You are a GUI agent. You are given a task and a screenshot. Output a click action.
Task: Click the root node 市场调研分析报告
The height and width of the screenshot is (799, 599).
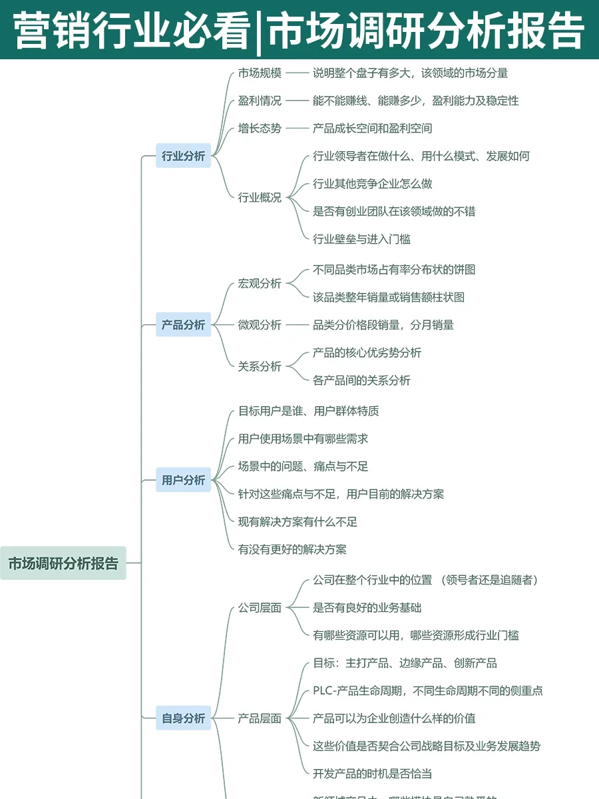tap(63, 563)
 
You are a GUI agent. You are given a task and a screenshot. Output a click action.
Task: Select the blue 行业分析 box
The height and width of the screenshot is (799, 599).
tap(183, 156)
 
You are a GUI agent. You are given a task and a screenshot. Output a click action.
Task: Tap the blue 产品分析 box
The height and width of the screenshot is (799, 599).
tap(183, 325)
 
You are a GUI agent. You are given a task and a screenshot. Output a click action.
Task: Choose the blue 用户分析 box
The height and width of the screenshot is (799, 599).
tap(183, 480)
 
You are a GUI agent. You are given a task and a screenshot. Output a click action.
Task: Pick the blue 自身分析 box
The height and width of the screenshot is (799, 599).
tap(183, 718)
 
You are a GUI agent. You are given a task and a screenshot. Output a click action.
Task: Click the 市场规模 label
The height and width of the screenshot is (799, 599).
tap(260, 73)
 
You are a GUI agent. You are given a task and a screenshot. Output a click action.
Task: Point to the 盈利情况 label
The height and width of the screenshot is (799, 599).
tap(260, 101)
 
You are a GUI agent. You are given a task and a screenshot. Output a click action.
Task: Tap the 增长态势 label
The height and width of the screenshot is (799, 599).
tap(260, 129)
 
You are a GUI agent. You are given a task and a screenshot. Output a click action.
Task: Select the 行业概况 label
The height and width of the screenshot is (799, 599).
tap(260, 198)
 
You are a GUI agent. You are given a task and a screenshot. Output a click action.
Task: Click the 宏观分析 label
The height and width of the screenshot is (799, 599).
tap(260, 284)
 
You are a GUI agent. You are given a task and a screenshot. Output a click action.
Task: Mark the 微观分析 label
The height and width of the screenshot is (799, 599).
tap(260, 325)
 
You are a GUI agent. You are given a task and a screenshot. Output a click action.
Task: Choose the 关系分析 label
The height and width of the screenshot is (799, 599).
tap(260, 366)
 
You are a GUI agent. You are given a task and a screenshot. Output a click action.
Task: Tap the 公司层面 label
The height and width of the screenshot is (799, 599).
tap(260, 608)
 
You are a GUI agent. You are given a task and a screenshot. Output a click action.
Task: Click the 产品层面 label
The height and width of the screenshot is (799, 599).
tap(260, 718)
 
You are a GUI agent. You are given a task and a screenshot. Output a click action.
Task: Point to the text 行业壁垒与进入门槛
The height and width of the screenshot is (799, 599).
tap(361, 239)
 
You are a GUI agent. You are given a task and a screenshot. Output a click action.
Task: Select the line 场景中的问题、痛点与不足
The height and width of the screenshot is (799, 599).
tap(303, 466)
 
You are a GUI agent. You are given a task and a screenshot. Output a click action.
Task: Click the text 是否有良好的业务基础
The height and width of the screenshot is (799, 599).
tap(367, 608)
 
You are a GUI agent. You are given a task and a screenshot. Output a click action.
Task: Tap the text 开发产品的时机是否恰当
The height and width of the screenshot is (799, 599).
tap(372, 774)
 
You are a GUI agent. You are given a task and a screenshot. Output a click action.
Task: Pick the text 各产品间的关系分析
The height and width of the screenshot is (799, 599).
tap(361, 380)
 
